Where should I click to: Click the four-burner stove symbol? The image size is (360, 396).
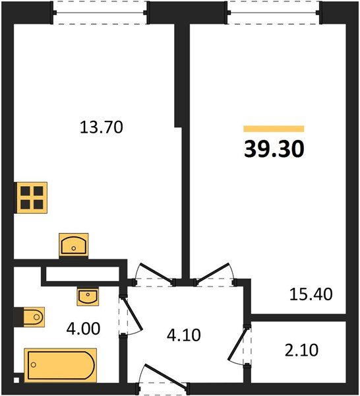click(31, 197)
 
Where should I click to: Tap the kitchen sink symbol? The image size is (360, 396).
click(74, 245)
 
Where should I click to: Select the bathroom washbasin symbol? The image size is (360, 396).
click(88, 296)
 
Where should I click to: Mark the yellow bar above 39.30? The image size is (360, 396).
click(274, 129)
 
